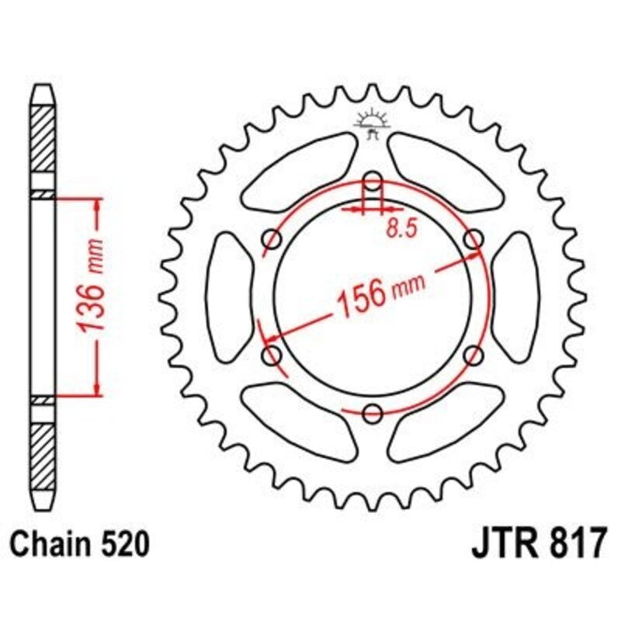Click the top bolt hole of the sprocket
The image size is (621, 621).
(x=373, y=180)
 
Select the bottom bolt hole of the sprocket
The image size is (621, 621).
(x=373, y=411)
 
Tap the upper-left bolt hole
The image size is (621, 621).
(x=272, y=238)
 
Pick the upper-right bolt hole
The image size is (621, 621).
(x=473, y=240)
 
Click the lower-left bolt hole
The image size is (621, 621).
(x=272, y=356)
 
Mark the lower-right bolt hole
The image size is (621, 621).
(x=473, y=355)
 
